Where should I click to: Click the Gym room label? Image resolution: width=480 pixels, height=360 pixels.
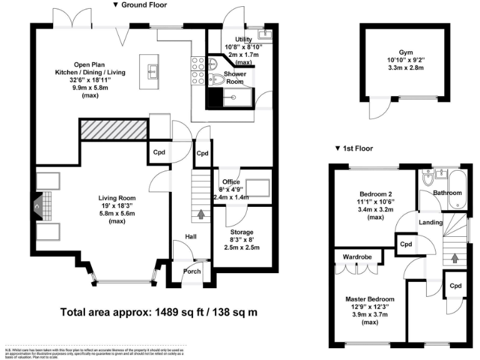(x=406, y=52)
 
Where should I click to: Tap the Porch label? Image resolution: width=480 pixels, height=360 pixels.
(x=192, y=271)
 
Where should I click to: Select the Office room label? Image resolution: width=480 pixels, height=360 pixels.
(x=231, y=182)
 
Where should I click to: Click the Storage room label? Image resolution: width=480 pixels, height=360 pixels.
(x=241, y=232)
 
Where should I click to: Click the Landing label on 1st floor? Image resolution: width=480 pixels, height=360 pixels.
(x=431, y=222)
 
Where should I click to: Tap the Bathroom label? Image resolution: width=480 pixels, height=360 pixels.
(x=447, y=193)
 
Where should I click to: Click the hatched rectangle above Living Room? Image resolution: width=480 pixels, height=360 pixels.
(x=112, y=129)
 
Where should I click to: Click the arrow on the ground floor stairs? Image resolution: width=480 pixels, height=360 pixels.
(x=201, y=215)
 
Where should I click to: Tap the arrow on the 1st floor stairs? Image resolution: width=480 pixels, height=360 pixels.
(x=454, y=257)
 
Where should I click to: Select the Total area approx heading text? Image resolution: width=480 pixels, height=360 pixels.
(x=159, y=311)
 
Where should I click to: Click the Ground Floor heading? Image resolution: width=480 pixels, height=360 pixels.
(x=140, y=4)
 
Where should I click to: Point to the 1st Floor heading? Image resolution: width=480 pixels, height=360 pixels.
(x=354, y=149)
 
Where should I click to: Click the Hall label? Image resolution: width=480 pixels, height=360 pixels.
(x=191, y=237)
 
